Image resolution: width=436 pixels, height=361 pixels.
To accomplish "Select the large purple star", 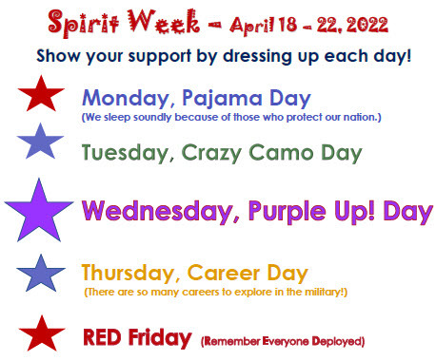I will [x=39, y=209].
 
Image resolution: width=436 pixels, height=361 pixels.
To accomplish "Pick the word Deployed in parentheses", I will [x=337, y=339].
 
